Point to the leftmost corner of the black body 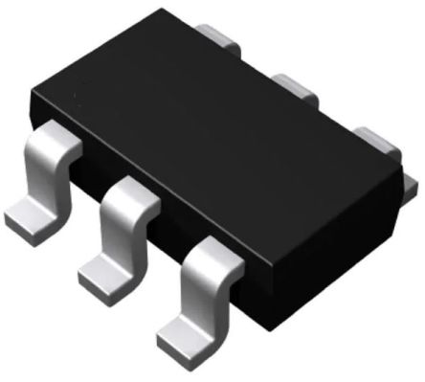point(31,96)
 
